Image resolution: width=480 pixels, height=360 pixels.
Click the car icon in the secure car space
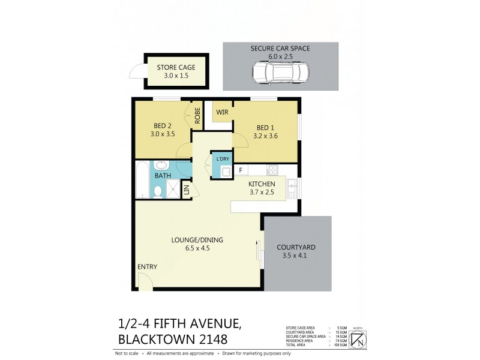coord(280,74)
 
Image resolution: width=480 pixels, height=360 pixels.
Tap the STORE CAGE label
coord(176,67)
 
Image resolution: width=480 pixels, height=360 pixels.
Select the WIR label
coord(214,112)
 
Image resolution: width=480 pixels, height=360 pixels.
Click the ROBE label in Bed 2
coord(197,114)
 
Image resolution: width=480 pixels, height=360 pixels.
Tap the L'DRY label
coord(223,158)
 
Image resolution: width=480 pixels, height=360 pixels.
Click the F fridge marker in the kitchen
coord(239,170)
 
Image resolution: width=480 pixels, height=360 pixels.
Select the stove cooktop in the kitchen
coord(272,170)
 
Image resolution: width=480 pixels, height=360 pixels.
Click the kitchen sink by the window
coord(292,188)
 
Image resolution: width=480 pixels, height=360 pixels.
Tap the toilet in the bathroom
coord(158,191)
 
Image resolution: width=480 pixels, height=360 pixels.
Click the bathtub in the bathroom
coord(142,179)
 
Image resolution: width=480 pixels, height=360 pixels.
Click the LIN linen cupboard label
coord(187,190)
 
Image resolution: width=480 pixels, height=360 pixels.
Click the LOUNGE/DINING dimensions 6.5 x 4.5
coord(190,248)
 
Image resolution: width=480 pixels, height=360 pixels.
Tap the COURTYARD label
coord(296,247)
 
